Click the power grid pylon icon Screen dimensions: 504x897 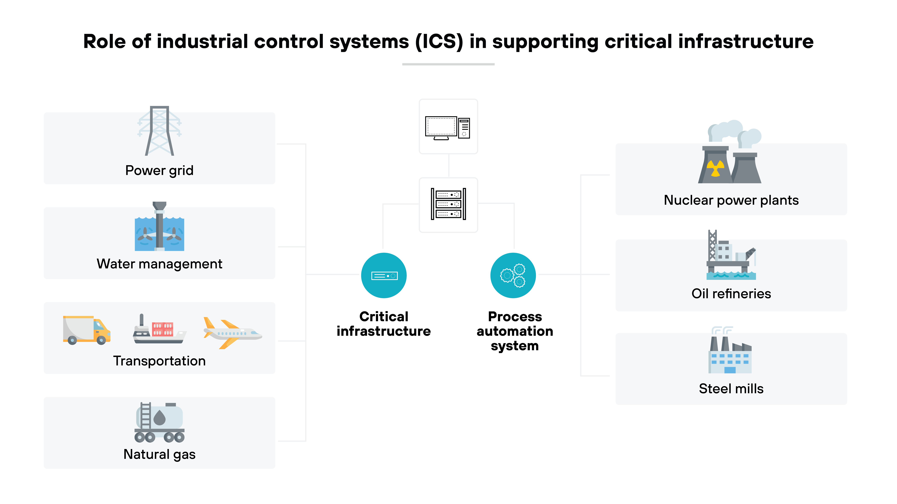[x=159, y=131]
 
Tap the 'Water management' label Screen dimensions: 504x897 [x=159, y=264]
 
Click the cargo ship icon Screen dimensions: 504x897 [x=159, y=330]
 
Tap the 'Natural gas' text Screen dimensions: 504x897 [x=159, y=454]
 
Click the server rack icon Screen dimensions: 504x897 [x=448, y=205]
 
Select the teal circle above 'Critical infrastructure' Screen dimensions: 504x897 [x=384, y=276]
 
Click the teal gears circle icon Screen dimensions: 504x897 [x=513, y=276]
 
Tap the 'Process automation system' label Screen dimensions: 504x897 [x=515, y=331]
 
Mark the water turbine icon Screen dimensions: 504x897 [x=159, y=227]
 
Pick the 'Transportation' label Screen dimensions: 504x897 [x=159, y=361]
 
